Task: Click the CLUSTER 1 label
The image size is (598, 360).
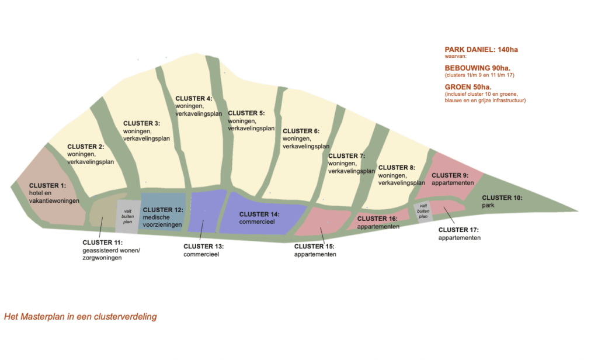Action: (x=47, y=185)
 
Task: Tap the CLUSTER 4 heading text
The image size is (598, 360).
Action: (x=194, y=98)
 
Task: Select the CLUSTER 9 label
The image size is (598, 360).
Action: (x=450, y=175)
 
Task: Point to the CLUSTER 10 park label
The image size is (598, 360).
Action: (x=502, y=198)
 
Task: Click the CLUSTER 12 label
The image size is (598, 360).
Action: (x=163, y=209)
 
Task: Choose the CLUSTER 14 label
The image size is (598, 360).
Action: (x=259, y=214)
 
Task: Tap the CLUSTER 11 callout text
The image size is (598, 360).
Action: (x=103, y=242)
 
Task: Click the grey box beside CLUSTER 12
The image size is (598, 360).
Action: (x=127, y=217)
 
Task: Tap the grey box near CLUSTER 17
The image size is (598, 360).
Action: (x=423, y=211)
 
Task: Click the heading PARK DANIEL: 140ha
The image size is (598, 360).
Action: (x=481, y=50)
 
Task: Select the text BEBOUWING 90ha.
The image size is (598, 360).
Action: (x=477, y=68)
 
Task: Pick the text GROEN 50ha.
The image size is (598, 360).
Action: (x=468, y=86)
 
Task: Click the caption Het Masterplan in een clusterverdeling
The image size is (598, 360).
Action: (x=80, y=317)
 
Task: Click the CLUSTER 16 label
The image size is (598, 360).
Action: (x=377, y=219)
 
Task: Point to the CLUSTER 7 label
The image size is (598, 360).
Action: (x=346, y=156)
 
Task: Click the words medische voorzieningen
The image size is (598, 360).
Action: (x=162, y=221)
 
